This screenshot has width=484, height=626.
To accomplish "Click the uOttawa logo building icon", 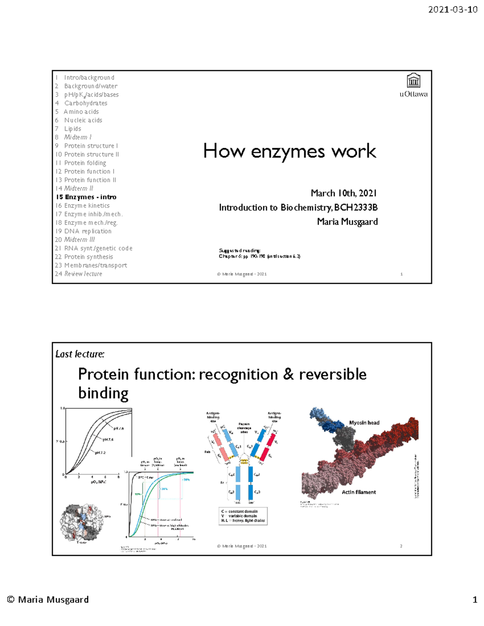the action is click(413, 81).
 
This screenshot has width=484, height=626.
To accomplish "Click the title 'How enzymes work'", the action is click(290, 151).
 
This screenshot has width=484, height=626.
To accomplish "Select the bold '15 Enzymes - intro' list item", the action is click(86, 197).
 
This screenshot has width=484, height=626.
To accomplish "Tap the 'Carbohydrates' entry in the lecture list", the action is click(86, 103).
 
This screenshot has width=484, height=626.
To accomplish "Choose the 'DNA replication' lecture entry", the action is click(88, 231).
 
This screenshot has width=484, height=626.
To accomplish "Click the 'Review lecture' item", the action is click(83, 274).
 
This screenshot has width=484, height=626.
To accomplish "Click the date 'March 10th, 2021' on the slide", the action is click(344, 193).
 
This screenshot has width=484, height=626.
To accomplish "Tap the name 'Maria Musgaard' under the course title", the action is click(347, 222).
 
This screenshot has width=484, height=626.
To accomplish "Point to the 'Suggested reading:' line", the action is click(240, 251).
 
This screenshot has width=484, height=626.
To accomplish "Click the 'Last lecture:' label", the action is click(80, 354).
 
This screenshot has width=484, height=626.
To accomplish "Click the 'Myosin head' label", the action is click(364, 423).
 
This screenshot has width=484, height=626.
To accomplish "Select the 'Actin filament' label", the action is click(359, 492).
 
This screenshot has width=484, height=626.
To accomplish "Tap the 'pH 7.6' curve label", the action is click(119, 428).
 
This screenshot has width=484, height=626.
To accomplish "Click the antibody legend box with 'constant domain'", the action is click(243, 516).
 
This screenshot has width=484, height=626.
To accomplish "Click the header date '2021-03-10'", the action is click(453, 10).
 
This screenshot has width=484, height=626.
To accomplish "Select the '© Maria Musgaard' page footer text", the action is click(48, 600).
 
